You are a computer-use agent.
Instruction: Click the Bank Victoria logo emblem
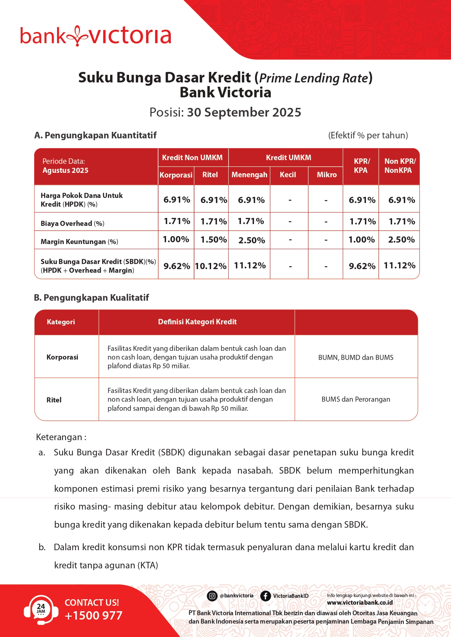tap(77, 36)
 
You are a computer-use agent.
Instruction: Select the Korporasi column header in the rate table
tap(176, 175)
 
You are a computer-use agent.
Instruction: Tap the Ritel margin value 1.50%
tap(214, 240)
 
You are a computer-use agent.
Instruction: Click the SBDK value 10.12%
tap(211, 266)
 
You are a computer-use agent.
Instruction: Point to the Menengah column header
tap(249, 175)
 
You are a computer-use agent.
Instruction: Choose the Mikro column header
tap(326, 175)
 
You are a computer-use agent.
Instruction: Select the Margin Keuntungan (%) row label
tap(79, 242)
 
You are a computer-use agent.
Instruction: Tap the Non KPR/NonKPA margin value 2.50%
tap(401, 240)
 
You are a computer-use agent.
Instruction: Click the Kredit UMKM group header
tap(289, 158)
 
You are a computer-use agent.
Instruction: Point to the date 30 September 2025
tap(244, 113)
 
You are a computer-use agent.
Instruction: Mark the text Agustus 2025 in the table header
tap(65, 170)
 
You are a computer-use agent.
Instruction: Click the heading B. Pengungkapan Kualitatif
tap(92, 298)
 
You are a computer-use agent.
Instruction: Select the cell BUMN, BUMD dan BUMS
tap(356, 357)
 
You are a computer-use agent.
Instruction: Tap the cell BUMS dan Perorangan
tap(356, 399)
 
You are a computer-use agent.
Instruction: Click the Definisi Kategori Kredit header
tap(197, 322)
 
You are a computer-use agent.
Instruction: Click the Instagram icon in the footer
tap(212, 596)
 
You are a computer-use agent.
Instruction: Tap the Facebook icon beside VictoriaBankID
tap(266, 596)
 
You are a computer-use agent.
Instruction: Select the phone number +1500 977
tap(93, 616)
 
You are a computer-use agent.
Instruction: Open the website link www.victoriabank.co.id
tap(360, 602)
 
